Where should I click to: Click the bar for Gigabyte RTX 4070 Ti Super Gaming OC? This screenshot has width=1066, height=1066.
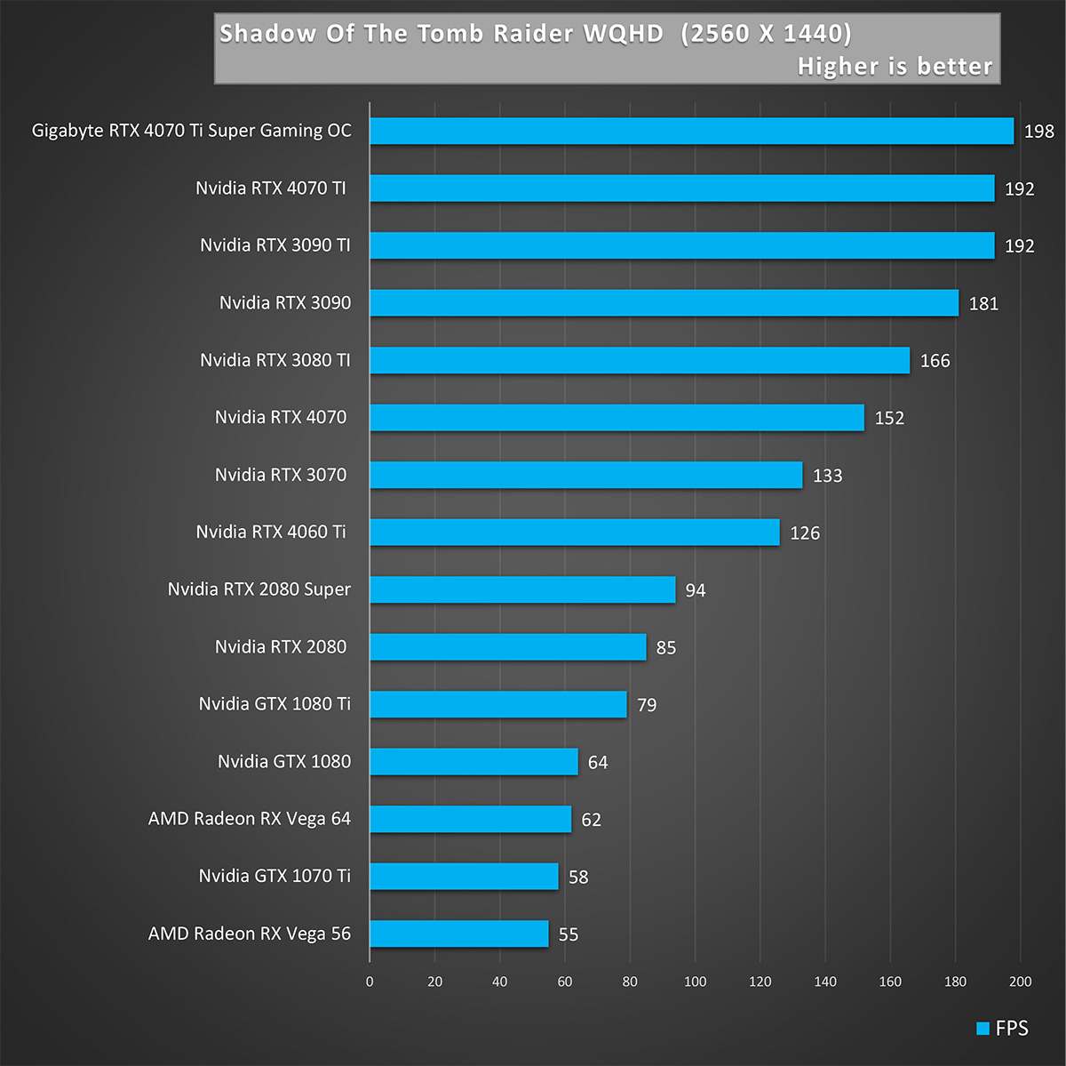(x=691, y=131)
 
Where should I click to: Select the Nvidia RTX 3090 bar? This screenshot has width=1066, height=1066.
(x=664, y=302)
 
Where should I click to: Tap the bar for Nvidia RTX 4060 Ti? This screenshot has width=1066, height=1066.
(x=574, y=532)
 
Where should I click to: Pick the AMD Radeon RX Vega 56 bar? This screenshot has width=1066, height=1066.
(x=458, y=934)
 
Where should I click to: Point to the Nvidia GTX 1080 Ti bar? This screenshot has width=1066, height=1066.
(x=497, y=704)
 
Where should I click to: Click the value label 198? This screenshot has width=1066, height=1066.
(x=1038, y=132)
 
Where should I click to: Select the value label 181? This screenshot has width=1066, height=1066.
(x=983, y=304)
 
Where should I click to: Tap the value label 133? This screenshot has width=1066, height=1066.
(x=827, y=476)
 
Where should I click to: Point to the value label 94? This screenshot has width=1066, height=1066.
(x=696, y=590)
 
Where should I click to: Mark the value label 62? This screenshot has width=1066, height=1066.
(x=591, y=820)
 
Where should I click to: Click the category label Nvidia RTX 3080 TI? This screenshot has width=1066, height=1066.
(x=274, y=360)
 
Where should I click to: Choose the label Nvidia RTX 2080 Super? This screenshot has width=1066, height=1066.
(x=259, y=589)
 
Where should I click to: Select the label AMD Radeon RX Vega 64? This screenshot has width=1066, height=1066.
(x=249, y=819)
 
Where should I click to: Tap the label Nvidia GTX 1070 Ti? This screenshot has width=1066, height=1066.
(x=274, y=876)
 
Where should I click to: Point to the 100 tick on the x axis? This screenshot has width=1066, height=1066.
(x=695, y=982)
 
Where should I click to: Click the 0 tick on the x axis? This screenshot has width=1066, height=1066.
(x=370, y=982)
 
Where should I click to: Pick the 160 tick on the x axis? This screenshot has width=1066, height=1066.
(x=890, y=982)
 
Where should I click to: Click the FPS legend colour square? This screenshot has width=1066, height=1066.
(x=982, y=1029)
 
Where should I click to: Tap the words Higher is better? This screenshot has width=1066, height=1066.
(x=895, y=67)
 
